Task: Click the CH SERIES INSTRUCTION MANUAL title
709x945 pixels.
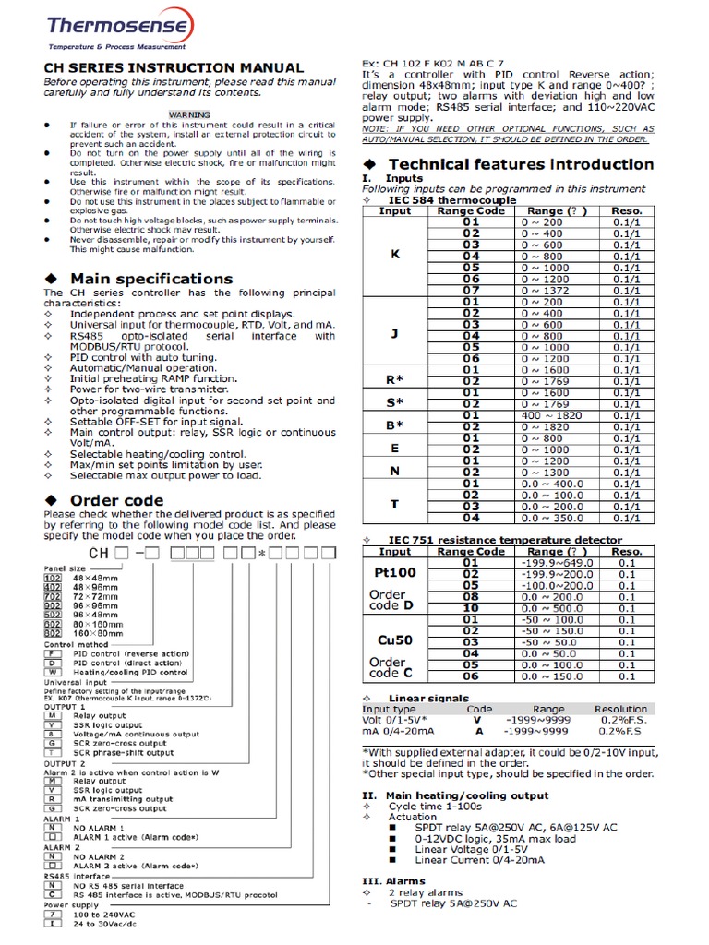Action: point(174,67)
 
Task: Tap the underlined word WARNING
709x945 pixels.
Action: point(188,114)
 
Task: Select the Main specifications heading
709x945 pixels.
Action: point(151,279)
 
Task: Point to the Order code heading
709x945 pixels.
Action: point(117,500)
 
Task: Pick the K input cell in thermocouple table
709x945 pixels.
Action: point(396,254)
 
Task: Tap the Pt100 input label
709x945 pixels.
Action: point(395,573)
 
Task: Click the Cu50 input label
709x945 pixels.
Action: point(395,639)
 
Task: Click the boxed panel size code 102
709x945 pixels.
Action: point(53,578)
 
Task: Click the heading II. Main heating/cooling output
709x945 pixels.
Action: point(455,795)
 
